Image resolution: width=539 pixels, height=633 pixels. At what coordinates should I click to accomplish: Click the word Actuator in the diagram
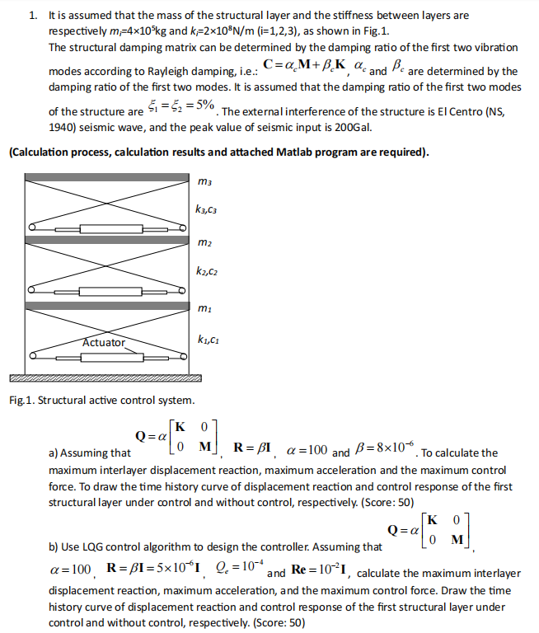tap(104, 342)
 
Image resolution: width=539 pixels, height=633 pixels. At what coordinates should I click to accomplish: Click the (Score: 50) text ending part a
tap(386, 502)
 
